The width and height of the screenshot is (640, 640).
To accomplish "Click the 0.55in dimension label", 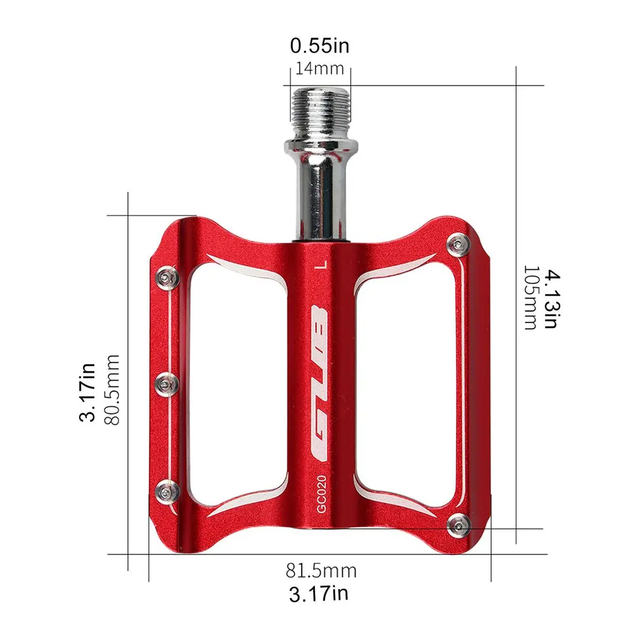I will point(319,46).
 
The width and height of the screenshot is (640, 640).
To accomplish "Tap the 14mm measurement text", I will point(319,68).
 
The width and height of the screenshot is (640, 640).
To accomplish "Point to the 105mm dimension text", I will point(530,298).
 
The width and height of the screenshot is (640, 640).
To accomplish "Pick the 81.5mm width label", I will point(321,570).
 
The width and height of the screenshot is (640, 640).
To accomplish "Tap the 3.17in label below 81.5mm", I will point(319,594).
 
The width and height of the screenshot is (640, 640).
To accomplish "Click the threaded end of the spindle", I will point(319,105).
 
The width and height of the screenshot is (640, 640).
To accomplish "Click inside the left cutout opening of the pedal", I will point(234,380).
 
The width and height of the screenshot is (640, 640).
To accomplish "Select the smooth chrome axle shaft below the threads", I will point(319,190).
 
